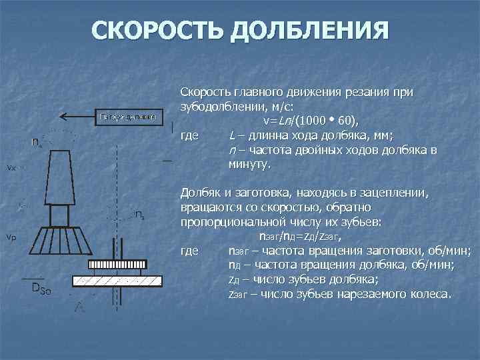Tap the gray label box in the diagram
[x=128, y=117]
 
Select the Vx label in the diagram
[x=11, y=167]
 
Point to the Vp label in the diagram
[x=11, y=237]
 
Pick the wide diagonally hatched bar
[x=117, y=280]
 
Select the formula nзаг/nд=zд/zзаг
[x=305, y=236]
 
